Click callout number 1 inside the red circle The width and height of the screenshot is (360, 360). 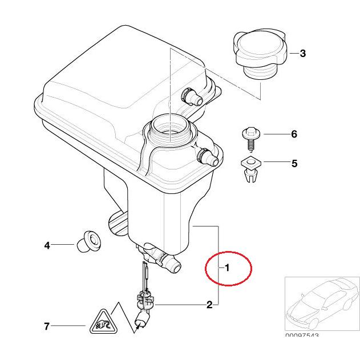pyautogui.click(x=226, y=267)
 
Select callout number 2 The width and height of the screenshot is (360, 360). pyautogui.click(x=209, y=305)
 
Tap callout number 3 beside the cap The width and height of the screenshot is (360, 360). pyautogui.click(x=302, y=54)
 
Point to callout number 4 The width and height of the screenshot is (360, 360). pyautogui.click(x=47, y=245)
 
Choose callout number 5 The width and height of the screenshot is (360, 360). pyautogui.click(x=294, y=164)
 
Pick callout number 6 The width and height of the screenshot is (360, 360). pyautogui.click(x=294, y=134)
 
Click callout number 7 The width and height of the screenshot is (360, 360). pyautogui.click(x=47, y=326)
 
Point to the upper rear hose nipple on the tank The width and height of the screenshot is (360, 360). pyautogui.click(x=192, y=96)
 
